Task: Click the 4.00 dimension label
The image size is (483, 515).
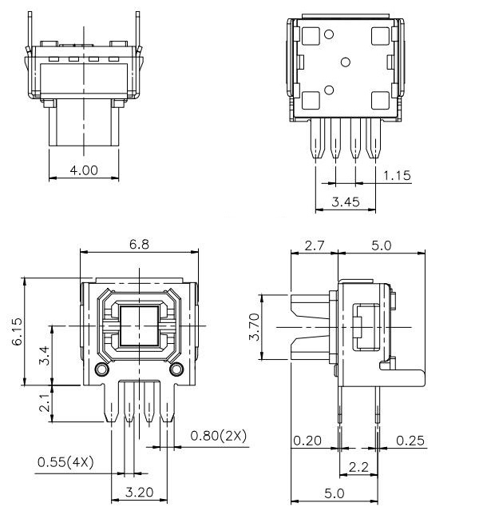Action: pyautogui.click(x=84, y=170)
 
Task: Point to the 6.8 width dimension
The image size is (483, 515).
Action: pyautogui.click(x=139, y=245)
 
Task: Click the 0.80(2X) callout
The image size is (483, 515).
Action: pyautogui.click(x=218, y=436)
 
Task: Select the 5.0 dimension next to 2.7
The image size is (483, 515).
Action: pyautogui.click(x=381, y=246)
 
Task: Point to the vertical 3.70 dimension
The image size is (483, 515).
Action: pyautogui.click(x=255, y=327)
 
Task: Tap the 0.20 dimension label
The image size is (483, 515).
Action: pyautogui.click(x=307, y=441)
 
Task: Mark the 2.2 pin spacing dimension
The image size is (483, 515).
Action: pyautogui.click(x=358, y=467)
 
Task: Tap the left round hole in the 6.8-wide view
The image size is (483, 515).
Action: pyautogui.click(x=101, y=369)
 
